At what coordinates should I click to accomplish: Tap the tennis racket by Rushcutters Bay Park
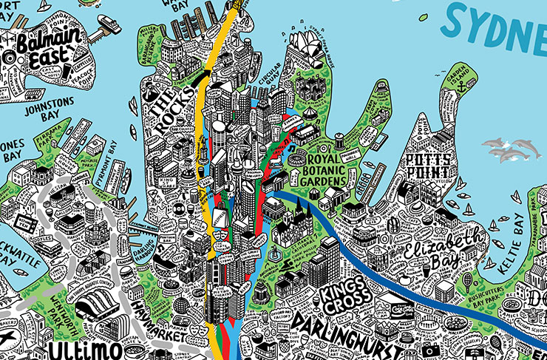coord(468,282)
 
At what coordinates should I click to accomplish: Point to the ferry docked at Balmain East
coord(108,24)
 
